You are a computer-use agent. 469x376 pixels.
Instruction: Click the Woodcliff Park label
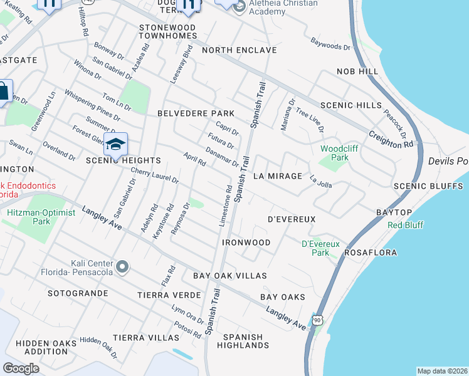coord(334,153)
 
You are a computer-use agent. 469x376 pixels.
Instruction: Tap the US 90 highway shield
coord(318,321)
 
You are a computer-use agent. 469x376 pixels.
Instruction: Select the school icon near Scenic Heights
coord(115,145)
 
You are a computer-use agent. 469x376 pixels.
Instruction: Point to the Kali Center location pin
coord(122,268)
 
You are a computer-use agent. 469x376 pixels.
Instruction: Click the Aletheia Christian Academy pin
coord(239,8)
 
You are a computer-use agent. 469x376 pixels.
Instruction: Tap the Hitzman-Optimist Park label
coord(41,217)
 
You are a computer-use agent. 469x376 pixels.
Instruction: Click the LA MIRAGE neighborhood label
coord(278,176)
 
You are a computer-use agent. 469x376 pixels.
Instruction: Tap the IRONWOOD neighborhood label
coord(246,243)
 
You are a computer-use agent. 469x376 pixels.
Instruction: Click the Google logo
coord(21,368)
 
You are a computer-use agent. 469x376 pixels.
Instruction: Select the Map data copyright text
coord(442,371)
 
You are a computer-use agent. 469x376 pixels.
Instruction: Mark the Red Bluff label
coord(405,225)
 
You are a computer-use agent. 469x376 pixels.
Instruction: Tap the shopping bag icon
coord(3,91)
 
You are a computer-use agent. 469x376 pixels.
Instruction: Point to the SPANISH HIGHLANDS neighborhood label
coord(243,341)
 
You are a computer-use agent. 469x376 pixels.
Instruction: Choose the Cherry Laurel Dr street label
coord(155,175)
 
